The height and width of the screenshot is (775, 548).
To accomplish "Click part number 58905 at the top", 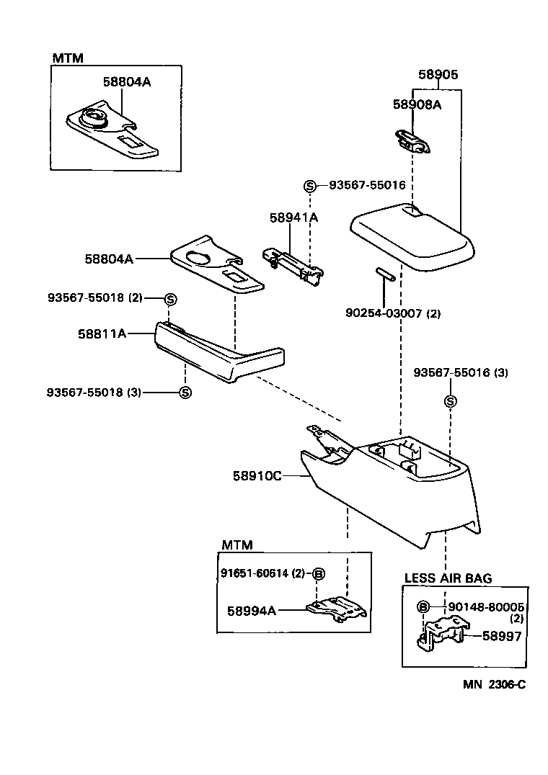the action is pyautogui.click(x=438, y=75).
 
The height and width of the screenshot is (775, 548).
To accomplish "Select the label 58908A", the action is pyautogui.click(x=417, y=104).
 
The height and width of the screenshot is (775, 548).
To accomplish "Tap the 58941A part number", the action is pyautogui.click(x=293, y=218).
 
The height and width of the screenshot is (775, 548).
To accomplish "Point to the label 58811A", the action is pyautogui.click(x=102, y=333).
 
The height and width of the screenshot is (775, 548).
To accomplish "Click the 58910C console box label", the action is pyautogui.click(x=257, y=476).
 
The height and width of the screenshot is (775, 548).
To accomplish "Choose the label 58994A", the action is pyautogui.click(x=252, y=611).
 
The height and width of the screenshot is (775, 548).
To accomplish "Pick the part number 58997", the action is pyautogui.click(x=502, y=636).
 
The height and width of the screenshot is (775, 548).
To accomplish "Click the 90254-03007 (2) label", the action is pyautogui.click(x=393, y=313).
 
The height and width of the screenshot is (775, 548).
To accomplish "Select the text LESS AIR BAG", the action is pyautogui.click(x=448, y=578).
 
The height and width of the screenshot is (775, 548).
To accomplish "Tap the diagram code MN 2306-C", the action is pyautogui.click(x=494, y=684).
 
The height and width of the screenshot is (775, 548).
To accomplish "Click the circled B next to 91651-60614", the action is pyautogui.click(x=319, y=573).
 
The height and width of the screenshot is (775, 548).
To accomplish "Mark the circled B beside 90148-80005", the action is pyautogui.click(x=423, y=606).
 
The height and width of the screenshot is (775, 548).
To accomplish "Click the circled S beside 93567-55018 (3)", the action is pyautogui.click(x=185, y=393).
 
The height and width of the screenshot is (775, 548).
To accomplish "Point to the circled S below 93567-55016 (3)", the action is pyautogui.click(x=450, y=401).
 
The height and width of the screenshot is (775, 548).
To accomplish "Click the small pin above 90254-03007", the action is pyautogui.click(x=384, y=274).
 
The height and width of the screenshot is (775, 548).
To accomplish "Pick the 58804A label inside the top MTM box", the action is pyautogui.click(x=127, y=82).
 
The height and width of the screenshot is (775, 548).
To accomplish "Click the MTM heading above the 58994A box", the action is pyautogui.click(x=237, y=545).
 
